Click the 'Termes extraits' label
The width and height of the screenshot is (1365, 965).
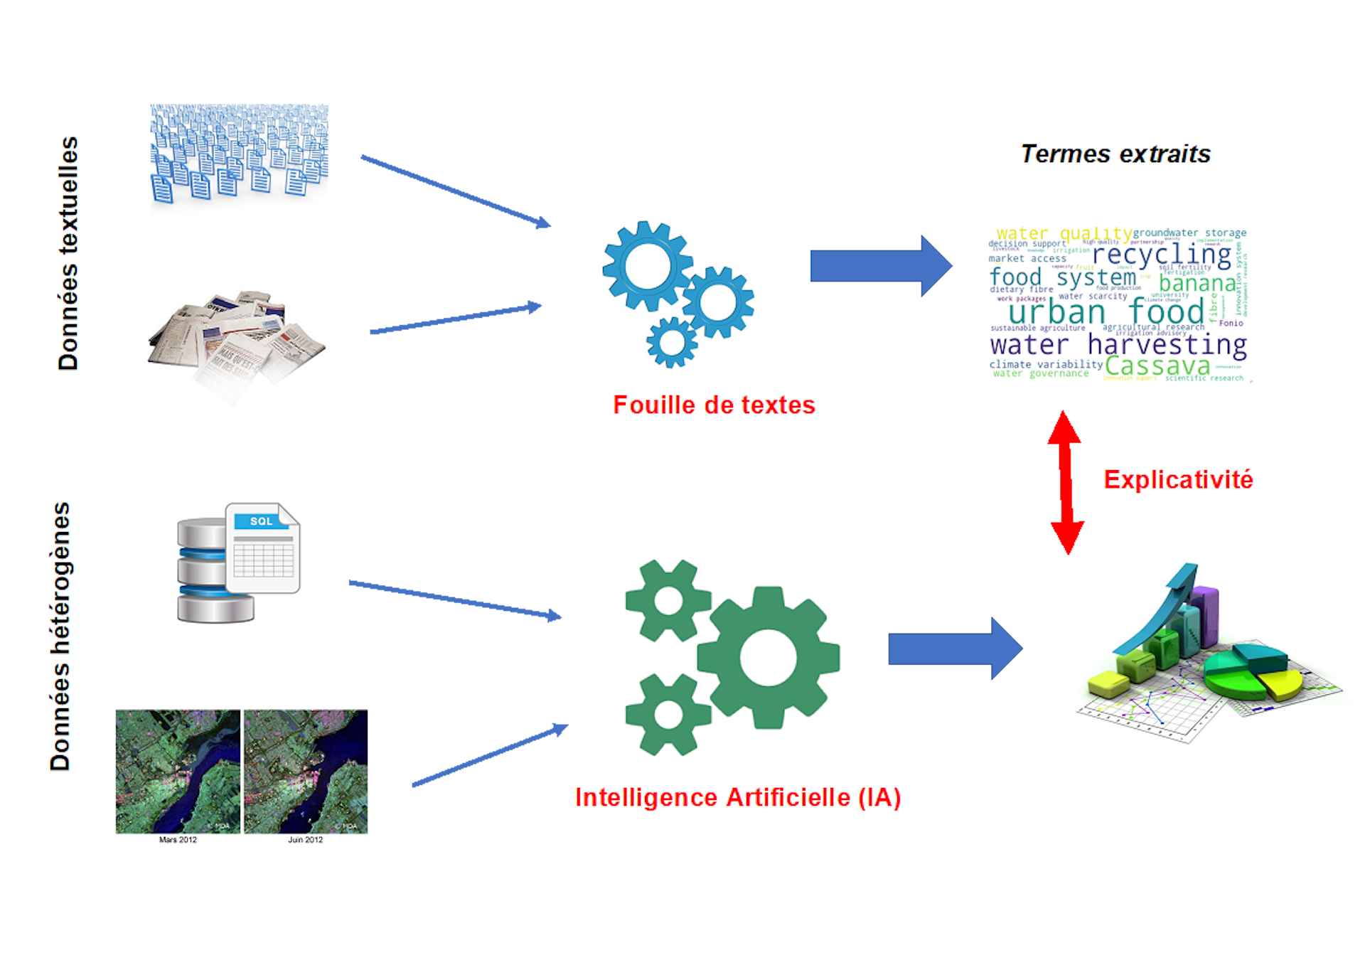pyautogui.click(x=1115, y=154)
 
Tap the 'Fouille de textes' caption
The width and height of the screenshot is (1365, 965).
pyautogui.click(x=714, y=405)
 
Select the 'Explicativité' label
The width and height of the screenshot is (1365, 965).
pyautogui.click(x=1178, y=480)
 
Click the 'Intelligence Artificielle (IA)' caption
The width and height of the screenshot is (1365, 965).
pyautogui.click(x=738, y=798)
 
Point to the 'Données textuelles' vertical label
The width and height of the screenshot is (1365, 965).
pyautogui.click(x=69, y=252)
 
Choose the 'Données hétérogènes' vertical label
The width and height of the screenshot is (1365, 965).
pyautogui.click(x=61, y=636)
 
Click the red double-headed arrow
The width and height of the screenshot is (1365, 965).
pyautogui.click(x=1065, y=482)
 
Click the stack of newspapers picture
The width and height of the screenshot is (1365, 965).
pyautogui.click(x=237, y=346)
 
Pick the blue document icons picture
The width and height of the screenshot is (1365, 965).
pyautogui.click(x=239, y=163)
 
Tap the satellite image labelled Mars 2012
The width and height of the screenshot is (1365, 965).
pyautogui.click(x=178, y=772)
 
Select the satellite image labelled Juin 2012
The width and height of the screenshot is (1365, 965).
pyautogui.click(x=306, y=772)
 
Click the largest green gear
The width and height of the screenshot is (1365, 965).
pyautogui.click(x=768, y=656)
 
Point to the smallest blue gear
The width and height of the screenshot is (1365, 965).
pyautogui.click(x=671, y=342)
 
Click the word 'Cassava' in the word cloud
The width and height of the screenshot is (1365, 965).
pyautogui.click(x=1157, y=366)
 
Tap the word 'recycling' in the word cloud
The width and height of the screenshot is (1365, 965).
pyautogui.click(x=1162, y=255)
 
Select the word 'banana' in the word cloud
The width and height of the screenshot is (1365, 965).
pyautogui.click(x=1197, y=283)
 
